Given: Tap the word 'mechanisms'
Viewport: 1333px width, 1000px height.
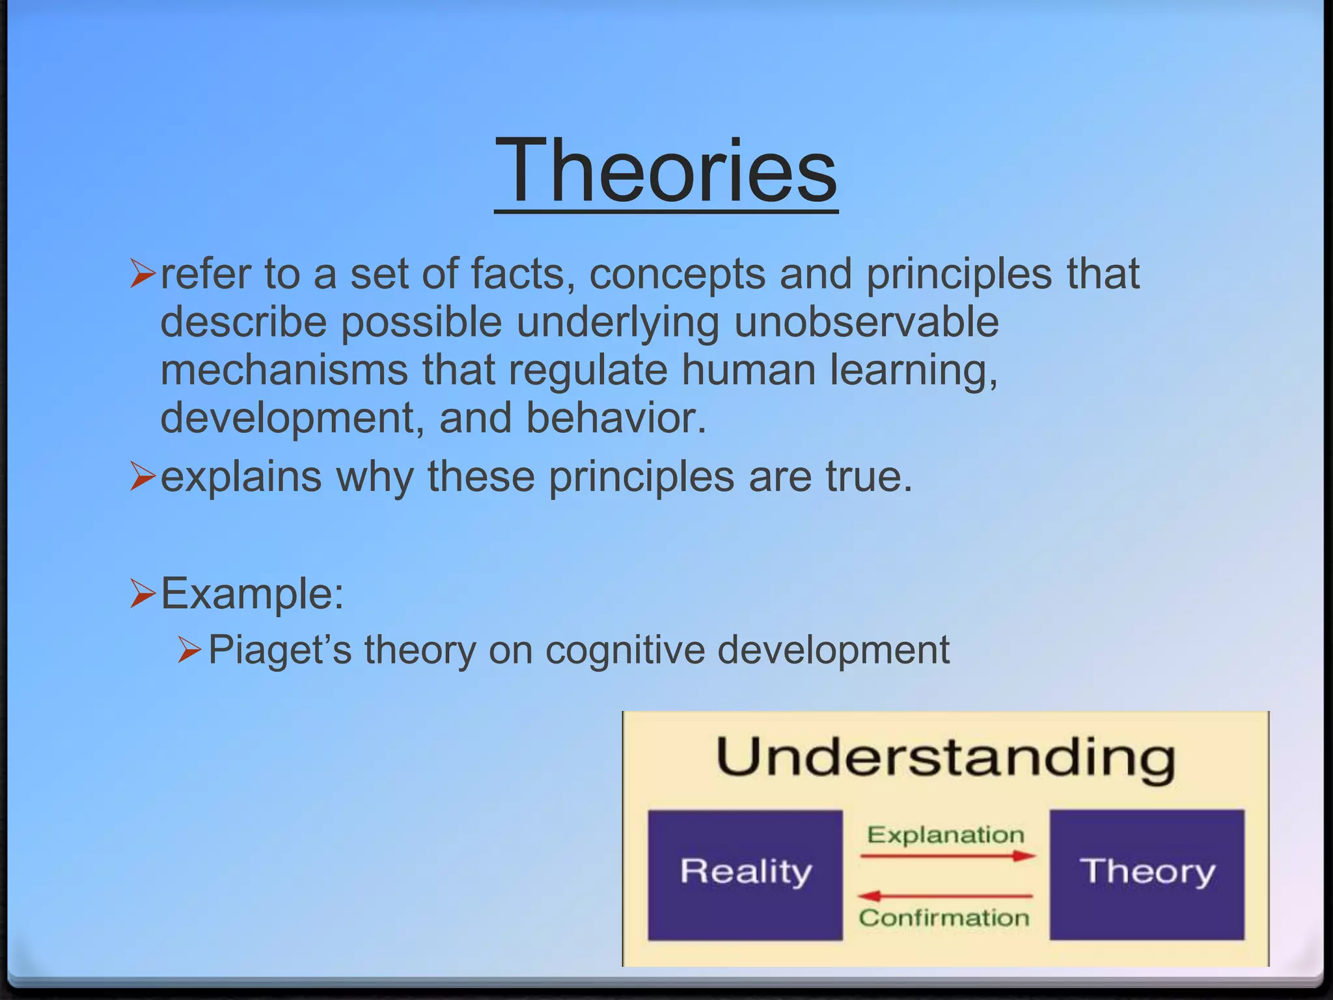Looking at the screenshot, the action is pos(284,370).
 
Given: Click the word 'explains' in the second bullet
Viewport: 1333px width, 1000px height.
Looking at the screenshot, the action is pos(241,477).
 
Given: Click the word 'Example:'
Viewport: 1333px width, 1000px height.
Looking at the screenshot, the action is pos(252,593).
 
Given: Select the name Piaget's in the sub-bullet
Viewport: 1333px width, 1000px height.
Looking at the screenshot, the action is pos(280,650).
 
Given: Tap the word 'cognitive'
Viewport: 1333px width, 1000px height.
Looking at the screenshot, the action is pos(625,650).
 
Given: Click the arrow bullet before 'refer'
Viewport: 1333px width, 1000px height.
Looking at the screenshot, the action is pos(142,273).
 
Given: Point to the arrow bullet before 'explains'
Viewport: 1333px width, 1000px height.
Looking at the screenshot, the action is pos(142,477).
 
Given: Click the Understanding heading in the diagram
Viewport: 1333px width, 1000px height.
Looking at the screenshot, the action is pos(946,758).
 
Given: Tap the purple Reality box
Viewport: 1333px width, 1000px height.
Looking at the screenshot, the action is pos(745,874).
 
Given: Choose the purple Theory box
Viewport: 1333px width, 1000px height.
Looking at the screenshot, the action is pos(1147,874).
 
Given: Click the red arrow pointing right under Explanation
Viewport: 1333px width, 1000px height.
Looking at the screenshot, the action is pos(948,856).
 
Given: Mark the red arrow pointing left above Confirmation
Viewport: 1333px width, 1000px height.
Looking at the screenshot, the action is pos(945,896).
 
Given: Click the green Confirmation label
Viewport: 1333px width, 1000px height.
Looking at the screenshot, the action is pos(944,918).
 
